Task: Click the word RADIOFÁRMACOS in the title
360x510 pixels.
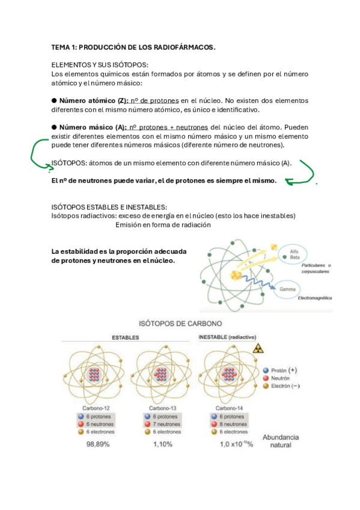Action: click(182, 47)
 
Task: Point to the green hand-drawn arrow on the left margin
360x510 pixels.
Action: click(37, 154)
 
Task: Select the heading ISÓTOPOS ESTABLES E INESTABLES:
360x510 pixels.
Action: click(105, 207)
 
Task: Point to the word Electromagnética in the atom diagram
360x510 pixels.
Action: click(311, 298)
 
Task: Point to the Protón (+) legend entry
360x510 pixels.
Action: click(280, 370)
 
